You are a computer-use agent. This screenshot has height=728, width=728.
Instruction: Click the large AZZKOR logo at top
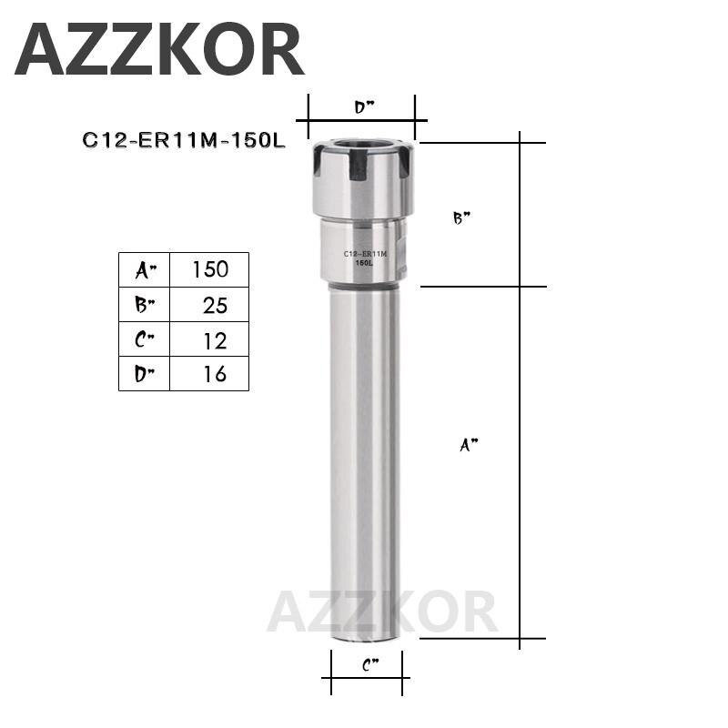pyautogui.click(x=159, y=50)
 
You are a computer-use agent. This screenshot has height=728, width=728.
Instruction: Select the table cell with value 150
pyautogui.click(x=209, y=269)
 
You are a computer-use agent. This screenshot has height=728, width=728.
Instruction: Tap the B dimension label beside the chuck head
pyautogui.click(x=461, y=218)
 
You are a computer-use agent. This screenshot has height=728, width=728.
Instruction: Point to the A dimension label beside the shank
pyautogui.click(x=468, y=445)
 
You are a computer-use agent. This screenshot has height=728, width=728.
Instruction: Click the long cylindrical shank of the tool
pyautogui.click(x=363, y=455)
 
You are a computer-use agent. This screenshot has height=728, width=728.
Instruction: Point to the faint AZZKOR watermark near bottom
pyautogui.click(x=382, y=612)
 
